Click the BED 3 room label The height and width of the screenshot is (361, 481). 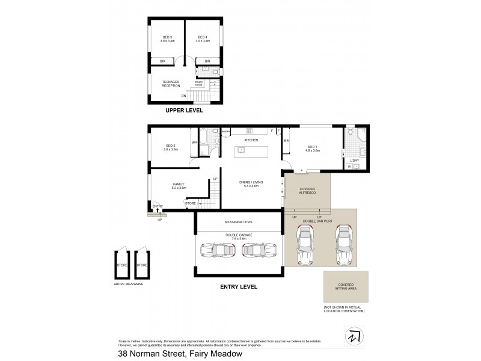click(x=168, y=39)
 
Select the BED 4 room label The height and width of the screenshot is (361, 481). click(x=203, y=39)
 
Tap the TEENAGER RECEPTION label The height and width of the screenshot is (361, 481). click(x=171, y=84)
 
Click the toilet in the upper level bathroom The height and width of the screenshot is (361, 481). click(x=206, y=70)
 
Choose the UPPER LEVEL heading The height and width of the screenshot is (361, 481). click(x=185, y=111)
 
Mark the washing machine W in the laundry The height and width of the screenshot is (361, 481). click(x=349, y=167)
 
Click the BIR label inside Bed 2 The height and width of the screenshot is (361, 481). click(x=194, y=142)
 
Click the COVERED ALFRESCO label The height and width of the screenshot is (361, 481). click(x=307, y=191)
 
